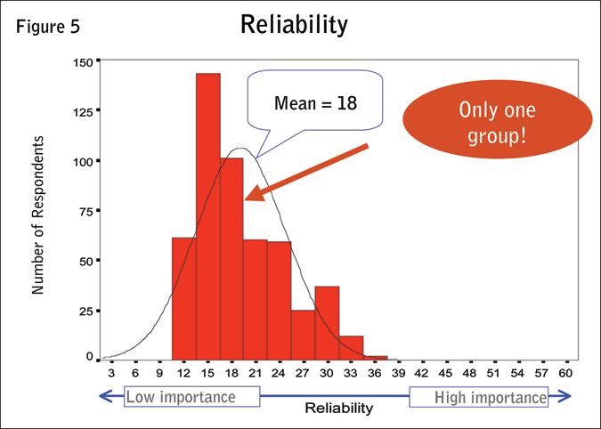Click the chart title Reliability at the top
(293, 25)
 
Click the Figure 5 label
(48, 26)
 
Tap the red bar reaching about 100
(231, 258)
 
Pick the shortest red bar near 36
(376, 358)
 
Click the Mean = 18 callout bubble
(314, 102)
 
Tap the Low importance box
(192, 397)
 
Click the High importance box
(479, 397)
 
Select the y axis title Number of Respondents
(38, 214)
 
